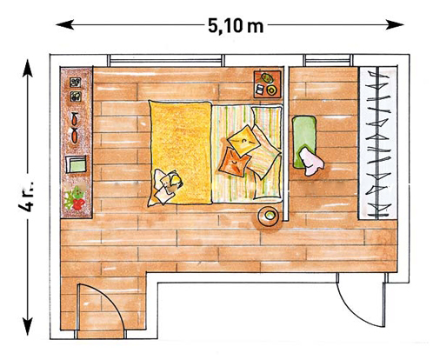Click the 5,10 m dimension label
pyautogui.click(x=234, y=26)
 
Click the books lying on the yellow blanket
pyautogui.click(x=166, y=182)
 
